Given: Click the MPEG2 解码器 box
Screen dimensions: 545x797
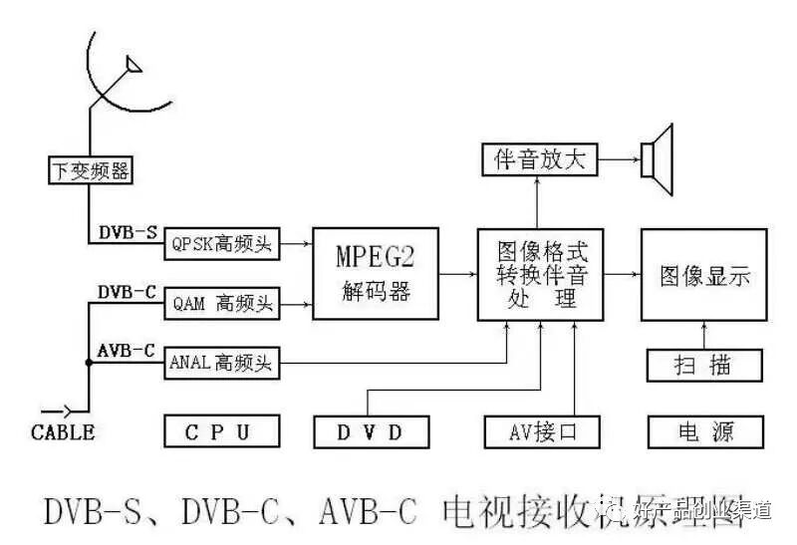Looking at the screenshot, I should pos(376,274).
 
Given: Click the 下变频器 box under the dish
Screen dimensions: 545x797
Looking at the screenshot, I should pos(90,170).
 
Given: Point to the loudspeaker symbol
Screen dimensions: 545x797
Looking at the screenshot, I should pos(658,157).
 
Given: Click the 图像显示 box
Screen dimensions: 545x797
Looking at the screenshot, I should pos(703,274).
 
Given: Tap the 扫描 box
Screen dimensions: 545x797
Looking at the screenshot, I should pos(705,365).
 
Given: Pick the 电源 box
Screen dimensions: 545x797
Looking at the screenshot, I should pos(705,431).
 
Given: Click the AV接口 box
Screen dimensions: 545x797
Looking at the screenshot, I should pos(543,431).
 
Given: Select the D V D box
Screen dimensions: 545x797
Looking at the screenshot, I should pos(372,431).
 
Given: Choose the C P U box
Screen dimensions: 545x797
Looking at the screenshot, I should pos(221,431).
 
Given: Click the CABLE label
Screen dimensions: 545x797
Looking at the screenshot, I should pos(63,432).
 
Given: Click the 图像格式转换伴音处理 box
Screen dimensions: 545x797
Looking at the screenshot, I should pos(539,274).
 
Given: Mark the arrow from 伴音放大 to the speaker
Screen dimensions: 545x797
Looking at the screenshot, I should pos(618,158).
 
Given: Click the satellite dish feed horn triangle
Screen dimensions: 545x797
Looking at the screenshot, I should pos(131,66).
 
